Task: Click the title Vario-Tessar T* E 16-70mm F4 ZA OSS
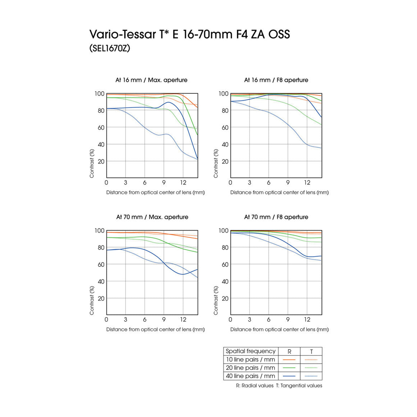189,34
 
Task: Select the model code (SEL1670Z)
110,48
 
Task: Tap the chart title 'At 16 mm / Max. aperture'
151,80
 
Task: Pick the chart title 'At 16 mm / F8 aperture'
276,80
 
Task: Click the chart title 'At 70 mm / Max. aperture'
152,217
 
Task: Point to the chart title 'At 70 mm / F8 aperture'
276,217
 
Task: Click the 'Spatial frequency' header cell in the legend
250,351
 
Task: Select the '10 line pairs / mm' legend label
250,360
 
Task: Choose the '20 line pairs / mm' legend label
250,368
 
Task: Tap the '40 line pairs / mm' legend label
250,376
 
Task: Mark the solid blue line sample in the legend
289,376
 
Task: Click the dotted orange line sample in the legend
311,360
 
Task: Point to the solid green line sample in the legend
289,368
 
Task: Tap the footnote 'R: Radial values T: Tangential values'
279,386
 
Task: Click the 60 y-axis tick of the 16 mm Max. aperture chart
101,128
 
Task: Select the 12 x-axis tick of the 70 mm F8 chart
307,320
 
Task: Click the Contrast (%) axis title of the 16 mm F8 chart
216,163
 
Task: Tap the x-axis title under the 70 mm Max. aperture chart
155,329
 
